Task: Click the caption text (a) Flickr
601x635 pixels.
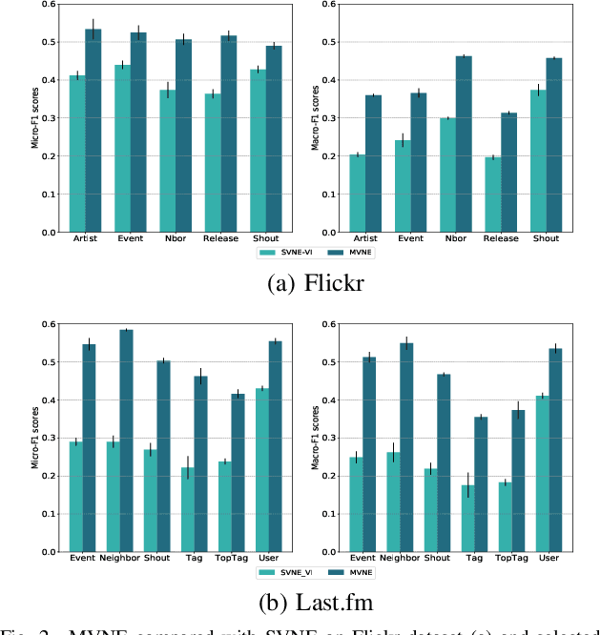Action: (300, 284)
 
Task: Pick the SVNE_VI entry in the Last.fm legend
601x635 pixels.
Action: (284, 573)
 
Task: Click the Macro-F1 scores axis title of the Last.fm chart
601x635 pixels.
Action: (318, 438)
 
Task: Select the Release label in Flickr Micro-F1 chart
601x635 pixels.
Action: (220, 238)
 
